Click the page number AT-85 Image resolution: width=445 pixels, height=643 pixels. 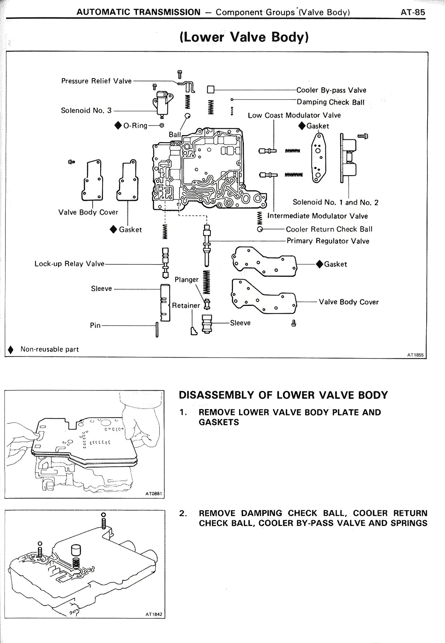pos(413,12)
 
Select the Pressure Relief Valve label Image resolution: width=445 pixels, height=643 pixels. pos(96,81)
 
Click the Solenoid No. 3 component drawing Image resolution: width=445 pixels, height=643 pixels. pos(161,103)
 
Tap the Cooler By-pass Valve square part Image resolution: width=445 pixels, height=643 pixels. pos(210,90)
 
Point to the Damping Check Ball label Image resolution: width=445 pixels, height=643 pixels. pos(330,102)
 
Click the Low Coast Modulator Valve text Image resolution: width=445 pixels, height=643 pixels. pos(294,115)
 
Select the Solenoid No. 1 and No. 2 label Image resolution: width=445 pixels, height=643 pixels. pos(335,202)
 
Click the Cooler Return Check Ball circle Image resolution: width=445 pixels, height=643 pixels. pos(260,229)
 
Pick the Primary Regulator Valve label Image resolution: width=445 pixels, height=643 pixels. pos(327,241)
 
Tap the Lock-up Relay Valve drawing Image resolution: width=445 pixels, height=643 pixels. pos(165,263)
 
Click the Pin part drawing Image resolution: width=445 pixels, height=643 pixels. pos(157,329)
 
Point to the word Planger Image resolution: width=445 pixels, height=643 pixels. pos(186,280)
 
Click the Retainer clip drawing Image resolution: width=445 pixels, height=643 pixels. pos(193,331)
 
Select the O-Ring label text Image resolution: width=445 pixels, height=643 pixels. pos(135,126)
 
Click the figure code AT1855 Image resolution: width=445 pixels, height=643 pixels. pos(415,355)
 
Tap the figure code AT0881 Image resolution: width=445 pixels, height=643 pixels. pos(153,494)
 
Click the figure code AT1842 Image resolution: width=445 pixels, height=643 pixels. pos(153,614)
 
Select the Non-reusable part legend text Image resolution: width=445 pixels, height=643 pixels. pos(49,349)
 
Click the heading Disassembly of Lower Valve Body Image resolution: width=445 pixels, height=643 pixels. pos(283,395)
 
